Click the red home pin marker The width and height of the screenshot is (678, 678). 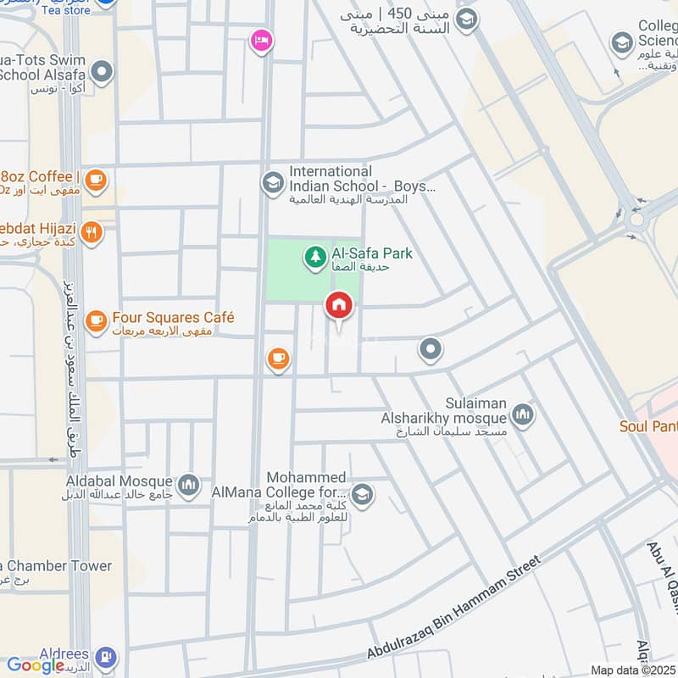pyautogui.click(x=338, y=304)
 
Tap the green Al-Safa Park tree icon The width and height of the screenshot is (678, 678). pyautogui.click(x=314, y=253)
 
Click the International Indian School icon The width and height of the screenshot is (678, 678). pyautogui.click(x=272, y=182)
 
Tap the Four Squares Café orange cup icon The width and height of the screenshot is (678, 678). pyautogui.click(x=96, y=319)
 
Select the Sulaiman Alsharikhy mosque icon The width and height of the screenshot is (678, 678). pyautogui.click(x=522, y=414)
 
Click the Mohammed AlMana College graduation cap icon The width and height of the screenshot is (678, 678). pyautogui.click(x=362, y=495)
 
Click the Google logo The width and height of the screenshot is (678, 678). pyautogui.click(x=36, y=666)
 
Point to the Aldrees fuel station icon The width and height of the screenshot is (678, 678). pyautogui.click(x=105, y=658)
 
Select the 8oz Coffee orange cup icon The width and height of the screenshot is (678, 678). pyautogui.click(x=96, y=179)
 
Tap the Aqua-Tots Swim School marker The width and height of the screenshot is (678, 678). pyautogui.click(x=102, y=73)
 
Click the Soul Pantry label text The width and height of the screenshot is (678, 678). pyautogui.click(x=648, y=426)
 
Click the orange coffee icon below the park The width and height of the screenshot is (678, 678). pyautogui.click(x=277, y=359)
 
